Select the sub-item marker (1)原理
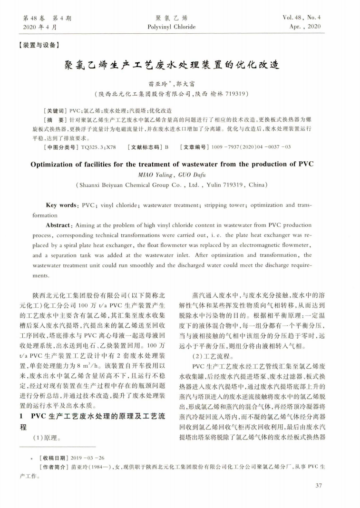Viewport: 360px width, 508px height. [x=47, y=437]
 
